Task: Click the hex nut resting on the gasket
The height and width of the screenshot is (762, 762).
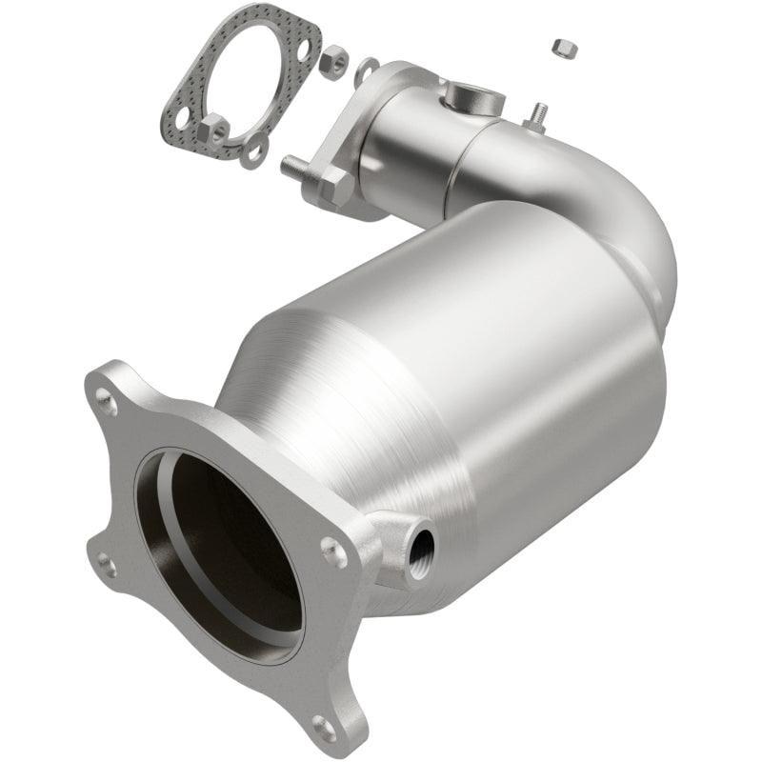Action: (x=213, y=130)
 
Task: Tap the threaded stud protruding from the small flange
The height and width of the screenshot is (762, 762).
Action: (x=295, y=165)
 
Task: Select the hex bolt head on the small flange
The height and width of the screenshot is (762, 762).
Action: (x=333, y=186)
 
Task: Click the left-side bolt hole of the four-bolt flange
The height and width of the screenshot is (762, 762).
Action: (x=107, y=565)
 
